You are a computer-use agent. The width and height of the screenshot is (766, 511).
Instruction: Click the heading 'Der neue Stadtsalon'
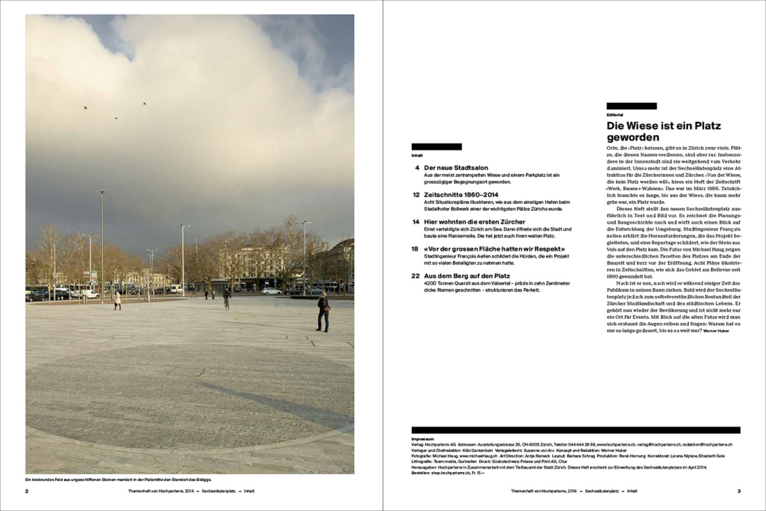[x=454, y=167]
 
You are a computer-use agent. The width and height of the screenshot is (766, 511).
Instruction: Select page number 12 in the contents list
[x=416, y=194]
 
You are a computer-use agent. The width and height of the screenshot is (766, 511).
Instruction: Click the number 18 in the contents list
[x=415, y=248]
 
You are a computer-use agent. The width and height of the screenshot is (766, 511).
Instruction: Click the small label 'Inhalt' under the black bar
[x=417, y=154]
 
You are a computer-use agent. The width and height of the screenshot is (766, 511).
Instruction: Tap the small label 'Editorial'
[x=615, y=114]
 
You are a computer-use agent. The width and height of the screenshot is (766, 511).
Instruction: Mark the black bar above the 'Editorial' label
[x=631, y=106]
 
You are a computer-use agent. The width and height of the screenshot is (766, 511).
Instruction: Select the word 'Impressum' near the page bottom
[x=422, y=439]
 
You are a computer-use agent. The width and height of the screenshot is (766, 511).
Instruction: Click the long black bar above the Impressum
[x=576, y=430]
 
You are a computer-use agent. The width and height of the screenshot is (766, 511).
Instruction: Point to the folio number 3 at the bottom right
[x=738, y=490]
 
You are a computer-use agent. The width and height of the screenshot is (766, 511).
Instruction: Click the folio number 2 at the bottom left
[x=27, y=490]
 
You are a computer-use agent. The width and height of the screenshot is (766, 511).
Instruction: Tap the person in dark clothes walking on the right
[x=323, y=312]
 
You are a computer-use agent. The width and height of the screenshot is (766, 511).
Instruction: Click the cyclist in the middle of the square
[x=227, y=297]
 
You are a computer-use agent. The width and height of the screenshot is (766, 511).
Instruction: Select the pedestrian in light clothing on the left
[x=118, y=300]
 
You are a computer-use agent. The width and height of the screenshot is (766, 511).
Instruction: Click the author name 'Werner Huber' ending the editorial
[x=716, y=331]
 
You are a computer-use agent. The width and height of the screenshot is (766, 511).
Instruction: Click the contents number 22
[x=415, y=275]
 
